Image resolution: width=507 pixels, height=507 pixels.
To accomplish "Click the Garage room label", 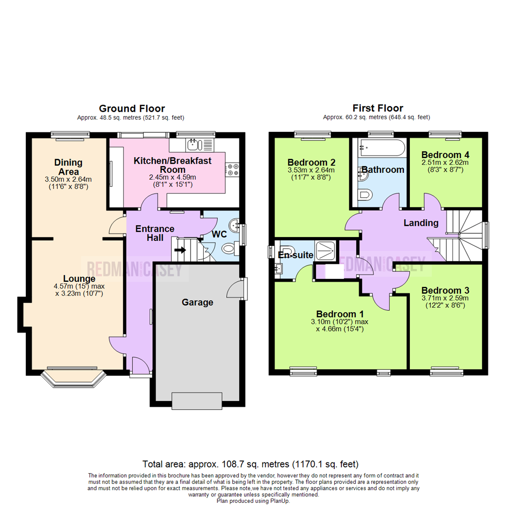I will coord(197,302).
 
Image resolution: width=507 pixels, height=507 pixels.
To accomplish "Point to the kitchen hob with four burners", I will coord(232,169).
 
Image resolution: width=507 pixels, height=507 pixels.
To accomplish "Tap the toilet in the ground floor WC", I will coord(229,249).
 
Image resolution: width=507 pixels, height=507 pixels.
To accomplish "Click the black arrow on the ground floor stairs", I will coord(180,250).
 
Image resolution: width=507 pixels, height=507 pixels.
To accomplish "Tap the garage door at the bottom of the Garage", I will coord(197,401).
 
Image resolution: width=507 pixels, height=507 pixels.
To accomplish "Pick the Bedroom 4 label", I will coord(445,155).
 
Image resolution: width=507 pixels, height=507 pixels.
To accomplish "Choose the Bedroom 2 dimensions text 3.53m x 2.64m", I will coord(312,170).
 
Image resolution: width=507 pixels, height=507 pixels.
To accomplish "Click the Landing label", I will coord(421,223).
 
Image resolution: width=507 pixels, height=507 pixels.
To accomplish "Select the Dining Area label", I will coord(69,167).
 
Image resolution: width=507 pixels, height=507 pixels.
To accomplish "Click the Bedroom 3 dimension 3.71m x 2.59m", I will coord(445,298).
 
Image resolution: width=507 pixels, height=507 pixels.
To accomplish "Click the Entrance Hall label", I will coord(155,233).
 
